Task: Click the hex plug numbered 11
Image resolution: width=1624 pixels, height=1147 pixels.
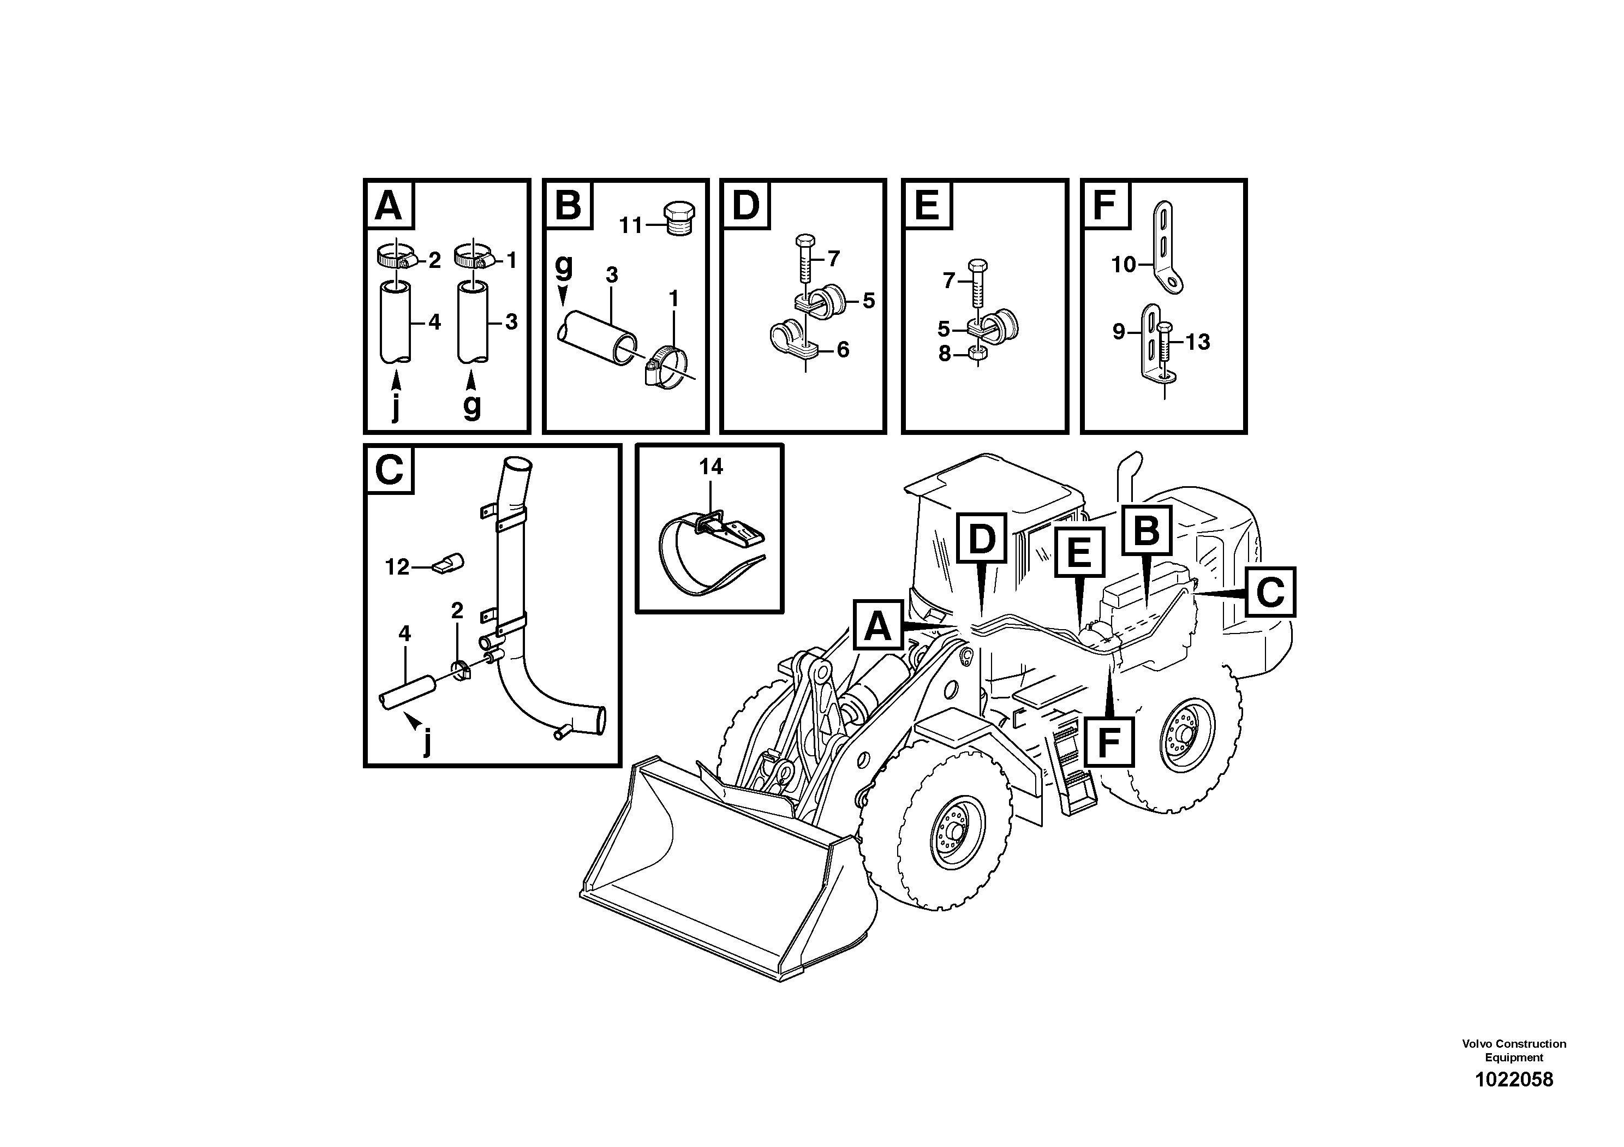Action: tap(679, 218)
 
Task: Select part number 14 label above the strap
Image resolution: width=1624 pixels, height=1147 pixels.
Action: tap(711, 467)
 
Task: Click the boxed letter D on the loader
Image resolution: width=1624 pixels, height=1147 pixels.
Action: tap(981, 539)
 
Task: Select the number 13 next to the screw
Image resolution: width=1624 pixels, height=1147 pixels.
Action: tap(1197, 342)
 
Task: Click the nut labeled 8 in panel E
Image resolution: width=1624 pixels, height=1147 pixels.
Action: tap(977, 354)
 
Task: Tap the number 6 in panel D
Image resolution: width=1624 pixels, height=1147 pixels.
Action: tap(843, 349)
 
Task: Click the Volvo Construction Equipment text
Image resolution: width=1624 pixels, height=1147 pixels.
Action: tap(1514, 1050)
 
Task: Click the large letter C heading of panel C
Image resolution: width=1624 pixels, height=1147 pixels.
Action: tap(389, 469)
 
